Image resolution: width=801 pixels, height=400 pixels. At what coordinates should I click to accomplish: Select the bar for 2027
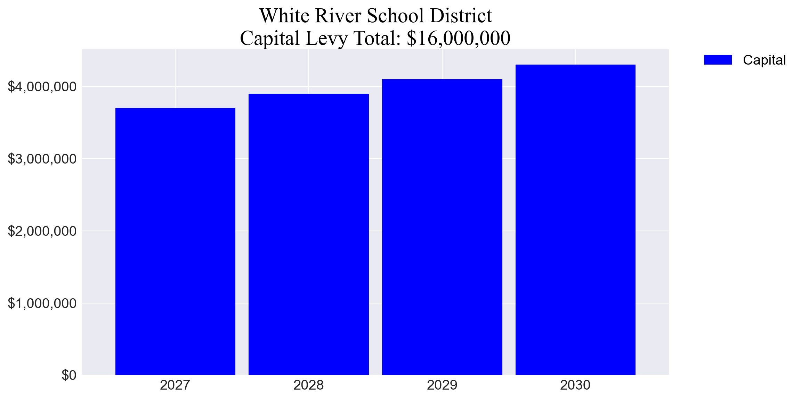click(x=175, y=241)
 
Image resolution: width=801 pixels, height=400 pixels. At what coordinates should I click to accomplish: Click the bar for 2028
click(x=309, y=234)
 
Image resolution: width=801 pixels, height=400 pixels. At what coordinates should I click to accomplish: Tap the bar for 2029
click(x=442, y=227)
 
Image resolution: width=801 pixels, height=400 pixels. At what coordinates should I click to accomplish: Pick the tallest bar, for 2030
click(x=575, y=220)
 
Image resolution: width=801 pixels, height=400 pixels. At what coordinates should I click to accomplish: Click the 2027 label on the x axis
click(x=175, y=385)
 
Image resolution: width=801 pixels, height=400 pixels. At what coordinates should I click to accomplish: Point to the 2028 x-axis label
click(x=308, y=385)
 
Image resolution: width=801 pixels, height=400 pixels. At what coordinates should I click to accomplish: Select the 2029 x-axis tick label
click(x=442, y=385)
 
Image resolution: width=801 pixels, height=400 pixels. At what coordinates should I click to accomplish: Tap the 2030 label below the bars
click(x=575, y=385)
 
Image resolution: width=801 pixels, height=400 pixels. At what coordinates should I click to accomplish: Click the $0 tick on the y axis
click(x=69, y=375)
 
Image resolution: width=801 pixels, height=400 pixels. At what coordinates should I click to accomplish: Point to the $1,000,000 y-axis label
click(x=42, y=303)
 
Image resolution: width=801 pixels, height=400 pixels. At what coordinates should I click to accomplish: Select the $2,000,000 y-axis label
click(x=42, y=231)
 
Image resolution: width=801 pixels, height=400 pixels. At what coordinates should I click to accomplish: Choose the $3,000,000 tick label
click(x=42, y=159)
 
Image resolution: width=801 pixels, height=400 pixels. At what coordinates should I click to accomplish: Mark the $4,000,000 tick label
click(x=42, y=86)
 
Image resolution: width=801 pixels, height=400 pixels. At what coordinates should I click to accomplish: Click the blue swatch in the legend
click(x=718, y=60)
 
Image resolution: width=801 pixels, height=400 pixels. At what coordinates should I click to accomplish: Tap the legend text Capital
click(x=764, y=60)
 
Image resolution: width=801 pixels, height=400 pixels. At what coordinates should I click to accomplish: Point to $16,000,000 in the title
click(x=458, y=38)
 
